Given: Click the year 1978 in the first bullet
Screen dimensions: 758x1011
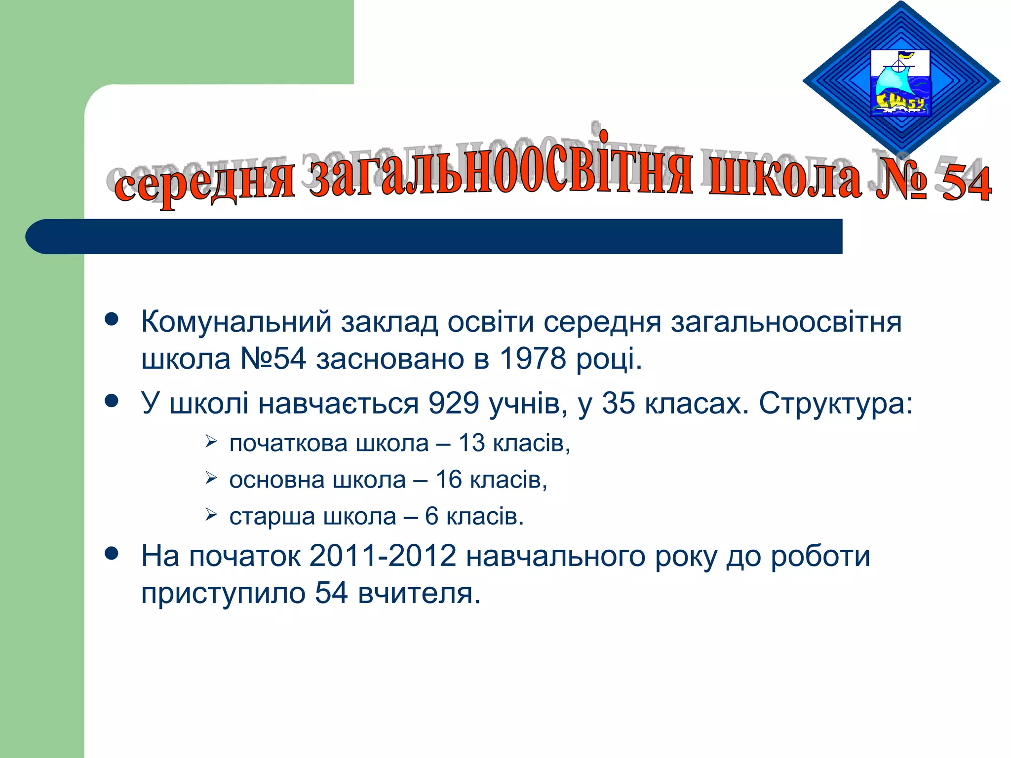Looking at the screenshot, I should [532, 358].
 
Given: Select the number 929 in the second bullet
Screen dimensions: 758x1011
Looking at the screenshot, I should [453, 403].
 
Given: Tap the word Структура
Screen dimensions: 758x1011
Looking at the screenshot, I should [835, 403].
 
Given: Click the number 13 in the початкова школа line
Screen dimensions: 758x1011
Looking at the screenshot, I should [471, 443].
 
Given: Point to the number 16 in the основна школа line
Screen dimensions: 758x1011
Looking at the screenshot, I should [448, 479].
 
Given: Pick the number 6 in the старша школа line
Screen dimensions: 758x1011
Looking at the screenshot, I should [431, 516].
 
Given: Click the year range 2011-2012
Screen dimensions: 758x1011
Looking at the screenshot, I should [383, 556].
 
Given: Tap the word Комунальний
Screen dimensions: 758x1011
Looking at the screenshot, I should [236, 322].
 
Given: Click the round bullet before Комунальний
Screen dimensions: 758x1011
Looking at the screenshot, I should [112, 319].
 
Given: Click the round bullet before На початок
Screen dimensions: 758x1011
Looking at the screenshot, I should [112, 553].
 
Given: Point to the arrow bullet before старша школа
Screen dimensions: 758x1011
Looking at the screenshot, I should [211, 515].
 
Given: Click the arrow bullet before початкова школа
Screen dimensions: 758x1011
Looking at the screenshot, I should [211, 441].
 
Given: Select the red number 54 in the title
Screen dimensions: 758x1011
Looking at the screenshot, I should [966, 184].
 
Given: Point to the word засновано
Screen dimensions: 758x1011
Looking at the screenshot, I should [390, 358].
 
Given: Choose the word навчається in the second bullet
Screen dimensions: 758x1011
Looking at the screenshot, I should [339, 403].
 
